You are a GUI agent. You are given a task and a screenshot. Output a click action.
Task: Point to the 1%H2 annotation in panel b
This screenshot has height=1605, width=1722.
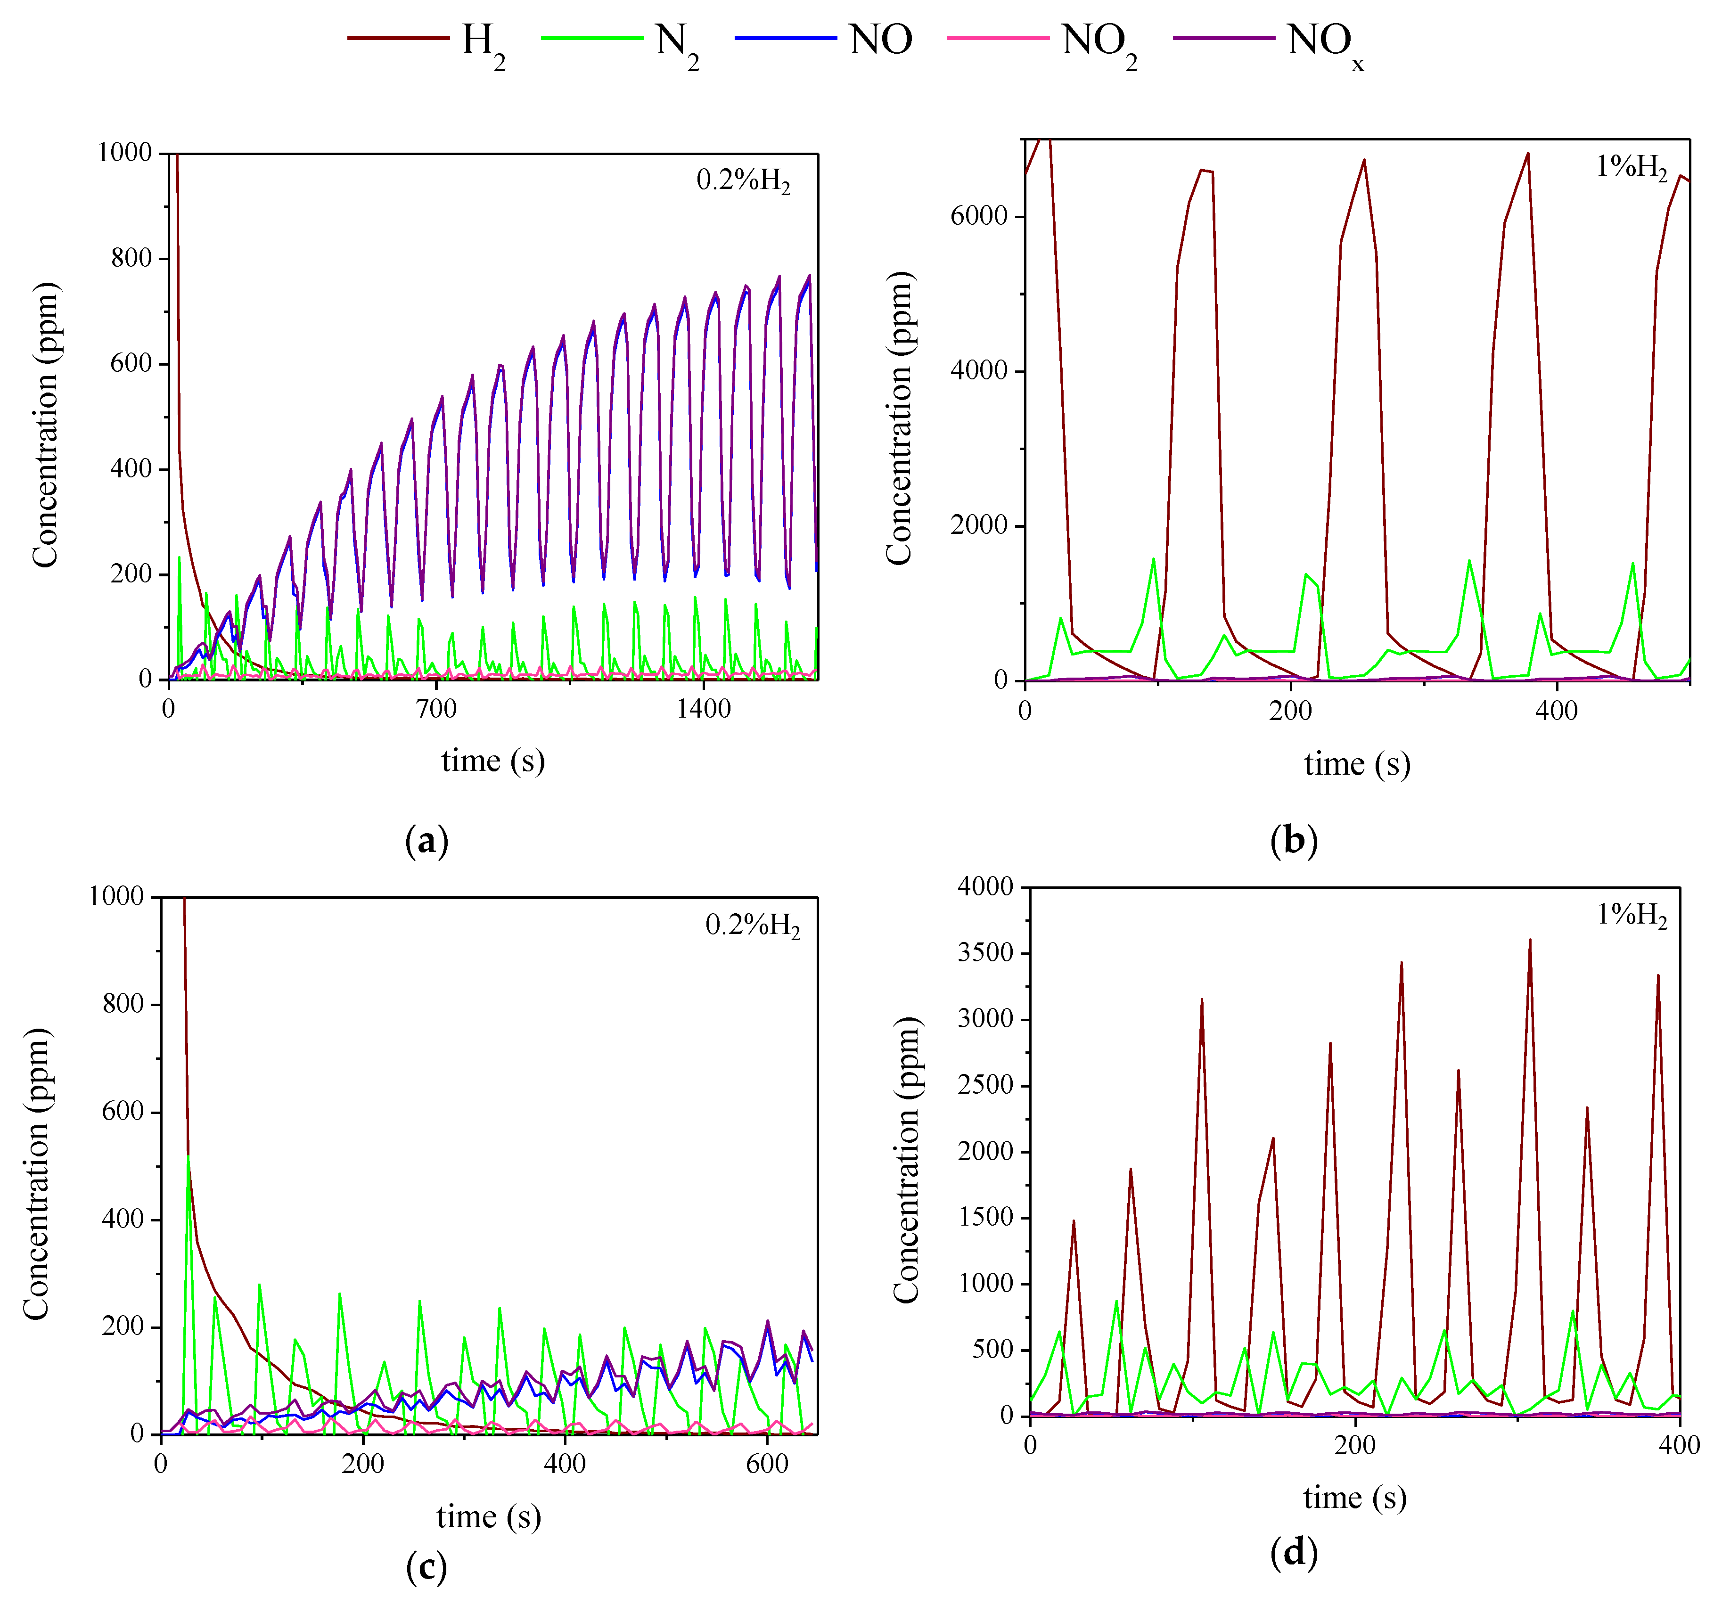[x=1630, y=166]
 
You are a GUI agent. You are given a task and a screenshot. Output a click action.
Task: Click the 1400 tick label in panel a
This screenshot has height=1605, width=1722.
[x=703, y=709]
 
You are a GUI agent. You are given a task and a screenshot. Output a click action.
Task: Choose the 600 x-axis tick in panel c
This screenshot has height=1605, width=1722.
[x=767, y=1464]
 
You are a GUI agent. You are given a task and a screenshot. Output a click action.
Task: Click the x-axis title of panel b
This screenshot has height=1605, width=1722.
[x=1356, y=764]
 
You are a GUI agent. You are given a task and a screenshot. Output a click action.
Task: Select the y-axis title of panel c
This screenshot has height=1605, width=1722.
[x=36, y=1174]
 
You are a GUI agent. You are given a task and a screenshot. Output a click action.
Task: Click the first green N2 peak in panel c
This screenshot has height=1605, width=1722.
[x=189, y=1157]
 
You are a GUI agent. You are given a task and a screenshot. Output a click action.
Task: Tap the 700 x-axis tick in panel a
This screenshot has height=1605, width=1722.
[x=436, y=709]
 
